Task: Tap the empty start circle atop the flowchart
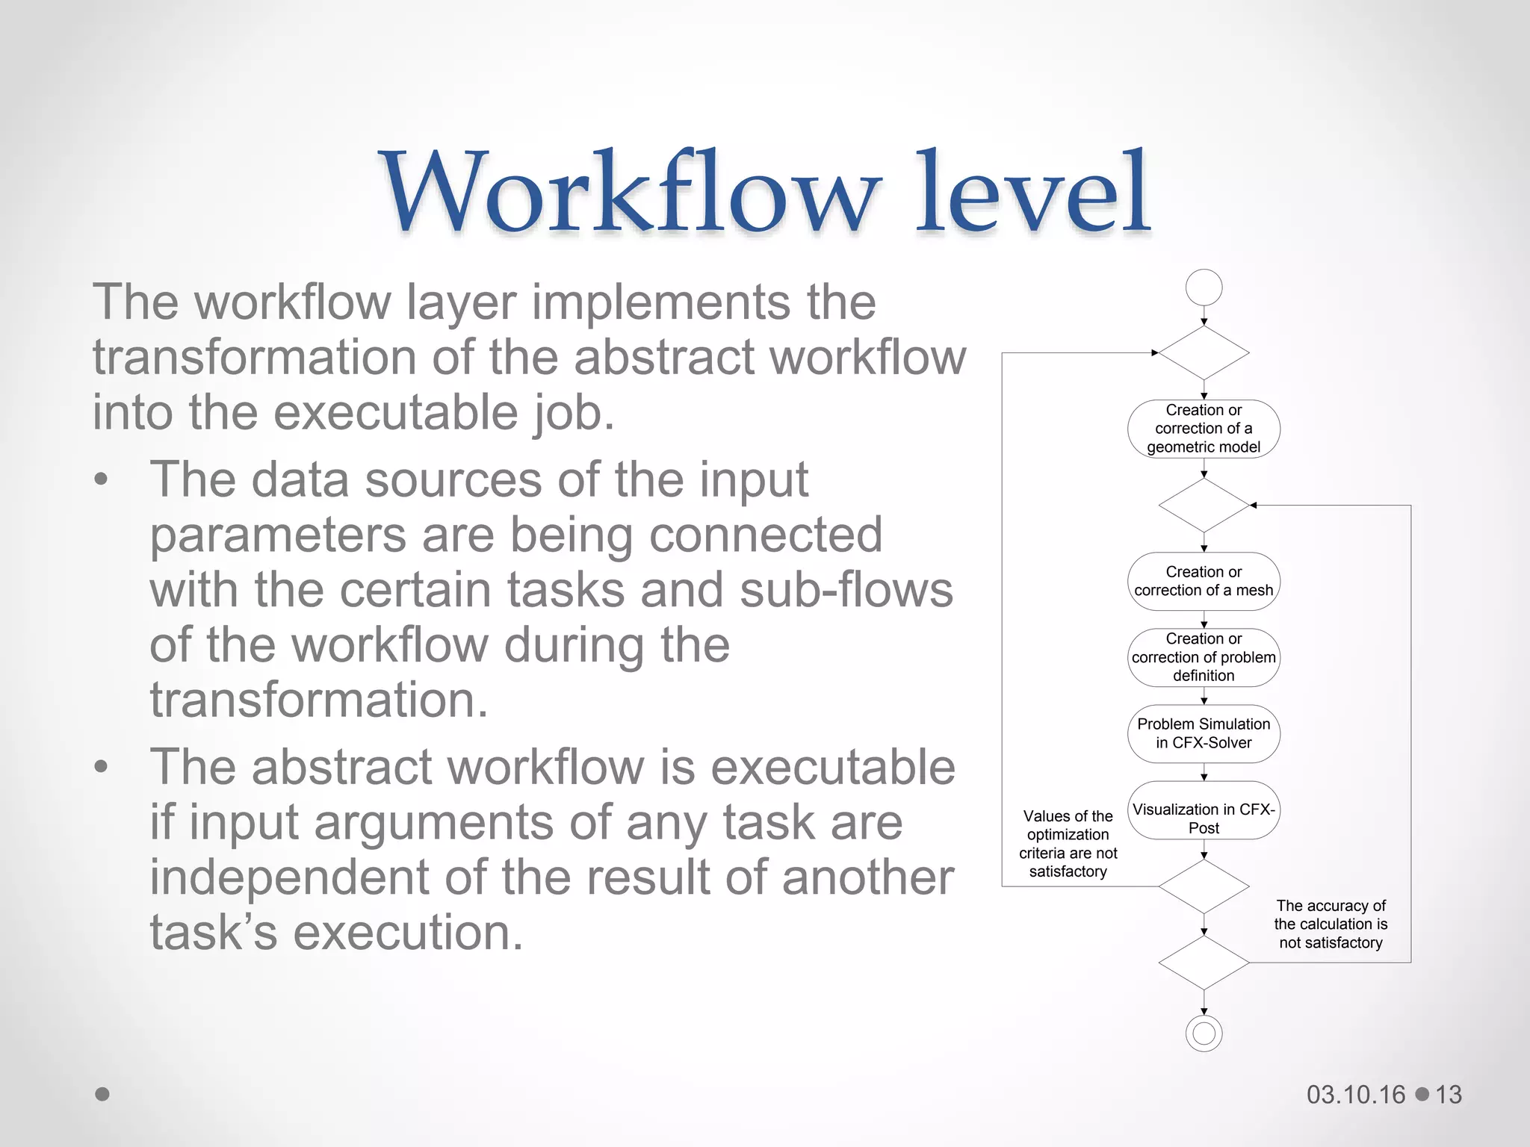click(1204, 287)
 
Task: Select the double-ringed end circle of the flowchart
click(1204, 1033)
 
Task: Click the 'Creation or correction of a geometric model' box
click(1204, 429)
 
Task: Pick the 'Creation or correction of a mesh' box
click(1204, 581)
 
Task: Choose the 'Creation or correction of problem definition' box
click(1204, 657)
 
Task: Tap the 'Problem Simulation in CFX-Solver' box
click(1204, 733)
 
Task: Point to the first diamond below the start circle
click(1204, 352)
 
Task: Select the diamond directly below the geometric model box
click(1204, 506)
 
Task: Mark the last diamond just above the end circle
click(1204, 963)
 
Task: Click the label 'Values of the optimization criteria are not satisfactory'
click(1068, 844)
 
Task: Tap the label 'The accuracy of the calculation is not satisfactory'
click(1331, 924)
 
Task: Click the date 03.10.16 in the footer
click(1356, 1095)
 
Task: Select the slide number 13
click(1449, 1095)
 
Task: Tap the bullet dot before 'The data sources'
click(102, 479)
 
